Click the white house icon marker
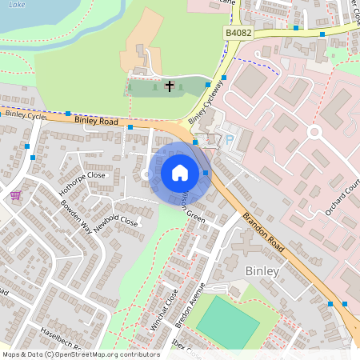(x=180, y=172)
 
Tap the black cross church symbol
(x=170, y=85)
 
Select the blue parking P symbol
(x=231, y=139)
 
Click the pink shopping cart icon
(x=15, y=195)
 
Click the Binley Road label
(x=96, y=122)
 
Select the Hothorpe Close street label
(x=82, y=183)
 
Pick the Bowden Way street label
(x=76, y=214)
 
